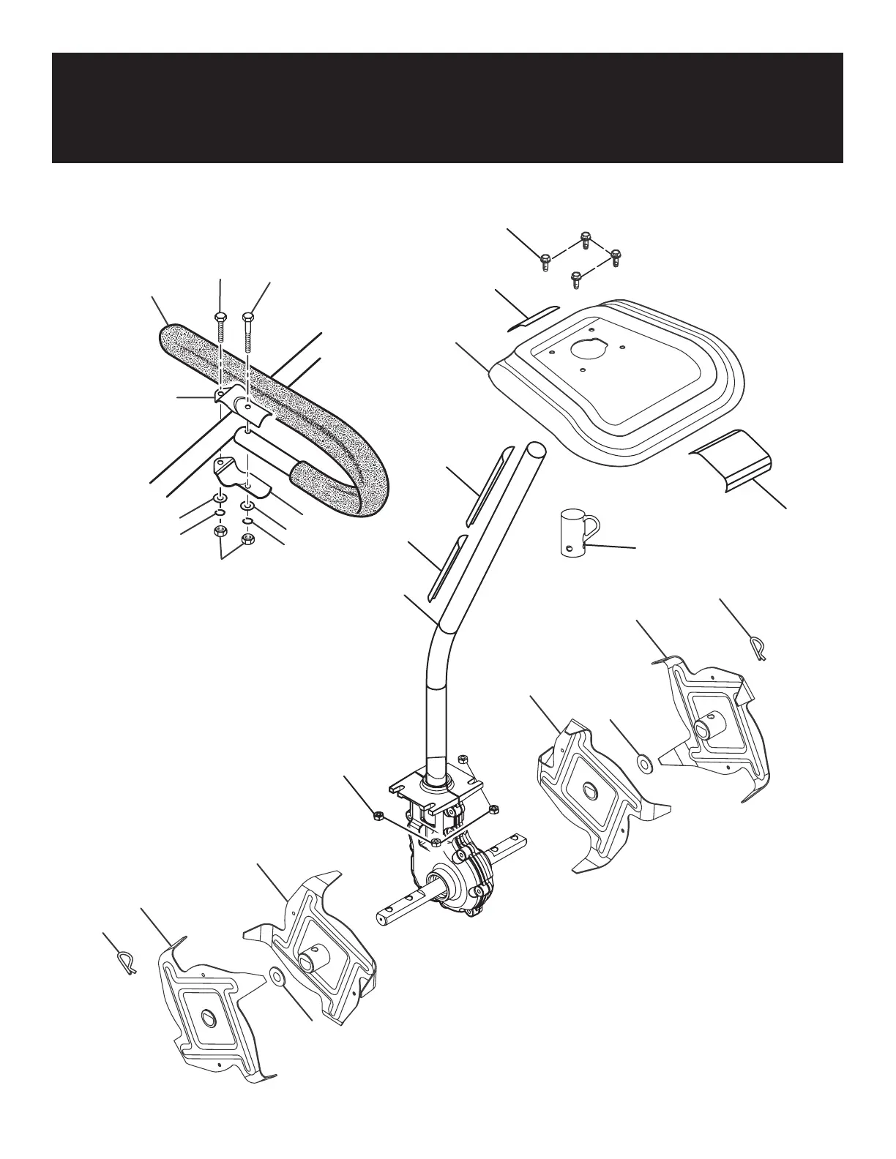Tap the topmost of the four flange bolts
(x=585, y=239)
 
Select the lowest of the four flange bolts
(x=575, y=279)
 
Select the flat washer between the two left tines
(x=277, y=978)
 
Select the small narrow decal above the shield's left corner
(x=534, y=316)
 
